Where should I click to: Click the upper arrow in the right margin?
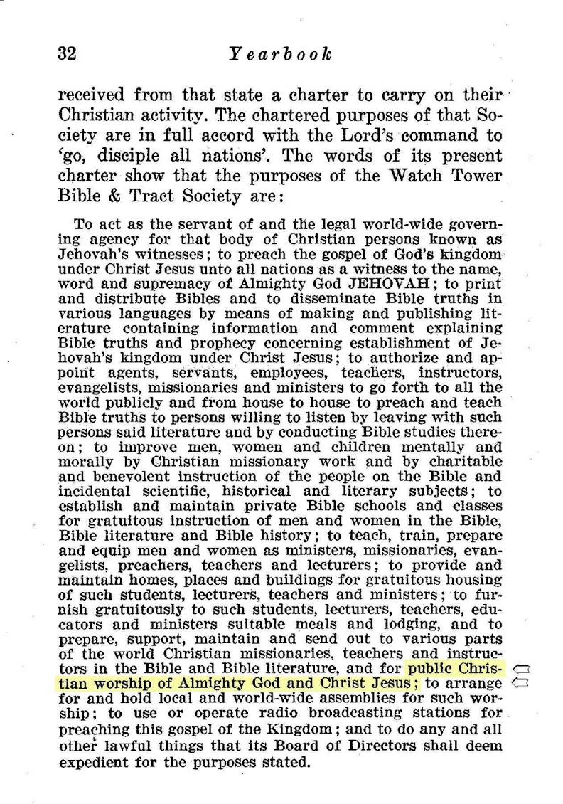(522, 668)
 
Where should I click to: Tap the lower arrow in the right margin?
(522, 682)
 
